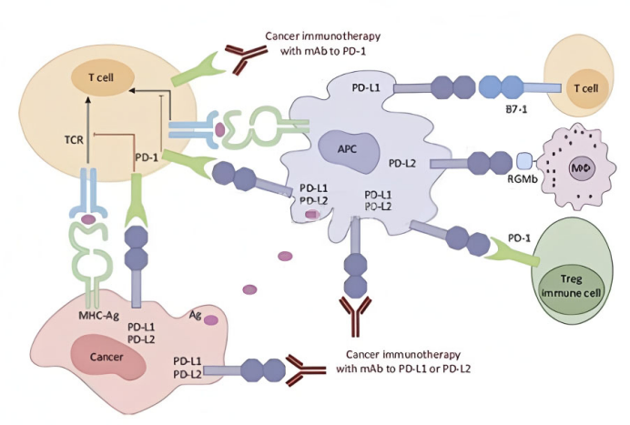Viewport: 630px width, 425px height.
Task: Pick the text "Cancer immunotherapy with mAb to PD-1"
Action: click(321, 44)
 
